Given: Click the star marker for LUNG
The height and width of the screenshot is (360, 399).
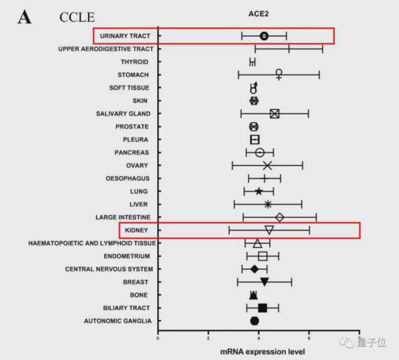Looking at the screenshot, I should pyautogui.click(x=259, y=192).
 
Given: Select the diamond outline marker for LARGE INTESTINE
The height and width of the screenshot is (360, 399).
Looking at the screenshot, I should pyautogui.click(x=280, y=217).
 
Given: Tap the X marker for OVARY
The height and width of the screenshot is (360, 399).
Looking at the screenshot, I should pyautogui.click(x=268, y=166).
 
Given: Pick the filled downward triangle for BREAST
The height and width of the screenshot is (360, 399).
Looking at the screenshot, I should pyautogui.click(x=264, y=282).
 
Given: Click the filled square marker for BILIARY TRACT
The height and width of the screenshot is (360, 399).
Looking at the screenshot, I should pyautogui.click(x=262, y=308).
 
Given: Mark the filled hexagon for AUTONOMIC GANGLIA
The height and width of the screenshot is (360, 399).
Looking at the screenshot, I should pyautogui.click(x=255, y=321).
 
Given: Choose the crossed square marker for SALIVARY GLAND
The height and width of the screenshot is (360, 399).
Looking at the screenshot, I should pyautogui.click(x=275, y=113).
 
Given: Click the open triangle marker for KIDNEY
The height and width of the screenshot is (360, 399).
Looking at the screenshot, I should pyautogui.click(x=269, y=230).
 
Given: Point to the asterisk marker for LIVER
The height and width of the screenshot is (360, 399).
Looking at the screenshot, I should pyautogui.click(x=268, y=204).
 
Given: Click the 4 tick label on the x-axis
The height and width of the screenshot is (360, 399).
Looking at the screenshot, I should pyautogui.click(x=259, y=338).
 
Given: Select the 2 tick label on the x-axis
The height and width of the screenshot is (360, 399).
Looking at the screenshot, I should pyautogui.click(x=209, y=338).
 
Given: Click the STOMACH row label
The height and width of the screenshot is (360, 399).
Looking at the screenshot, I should pyautogui.click(x=134, y=75).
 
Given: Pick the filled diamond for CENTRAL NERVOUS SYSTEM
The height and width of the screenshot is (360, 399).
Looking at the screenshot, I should pyautogui.click(x=254, y=269).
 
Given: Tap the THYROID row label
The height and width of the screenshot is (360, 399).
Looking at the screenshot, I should pyautogui.click(x=135, y=62).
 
